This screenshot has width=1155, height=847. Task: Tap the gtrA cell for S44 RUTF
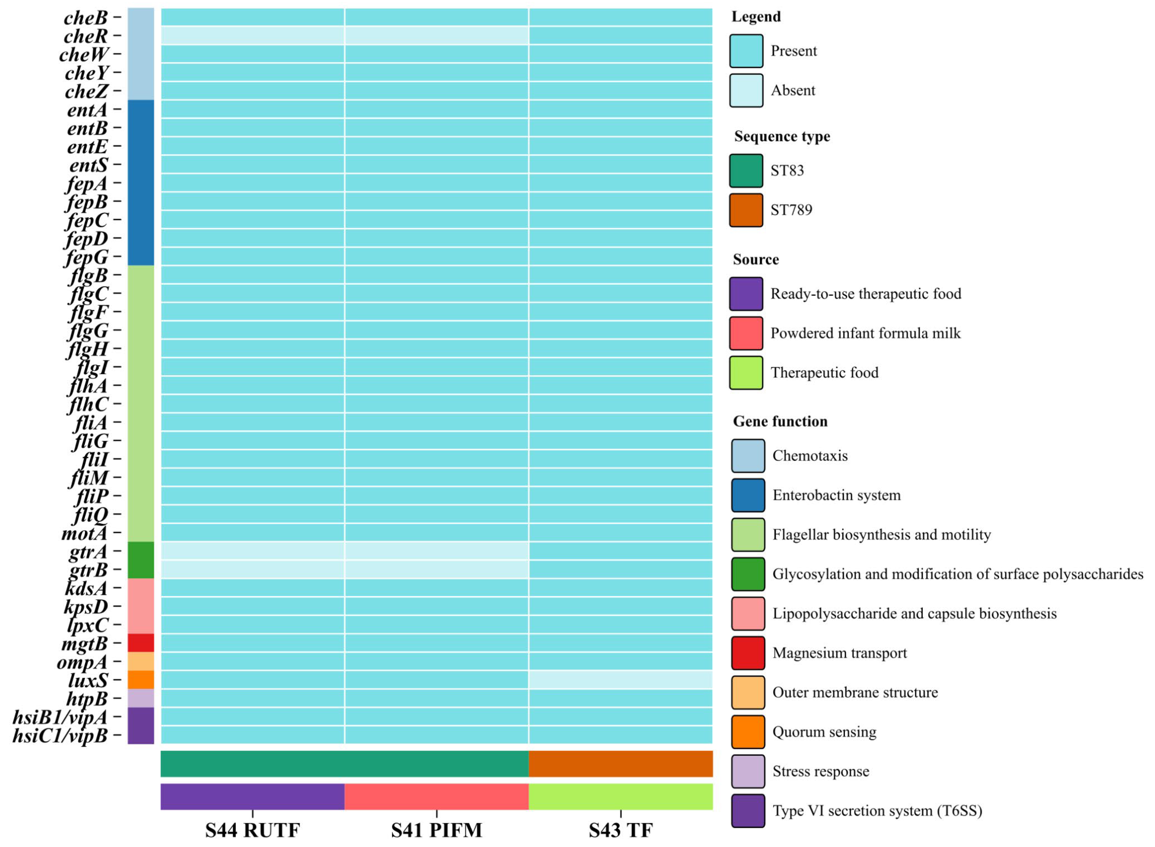pyautogui.click(x=252, y=551)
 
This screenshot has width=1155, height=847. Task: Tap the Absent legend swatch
pyautogui.click(x=746, y=90)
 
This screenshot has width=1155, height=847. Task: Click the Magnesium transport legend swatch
pyautogui.click(x=748, y=653)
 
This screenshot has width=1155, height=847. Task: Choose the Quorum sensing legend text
pyautogui.click(x=824, y=732)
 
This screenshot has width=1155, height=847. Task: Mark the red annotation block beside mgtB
pyautogui.click(x=141, y=643)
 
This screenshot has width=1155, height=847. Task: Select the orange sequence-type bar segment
pyautogui.click(x=620, y=764)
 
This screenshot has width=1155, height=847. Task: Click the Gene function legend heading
pyautogui.click(x=780, y=421)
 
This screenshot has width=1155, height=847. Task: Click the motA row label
pyautogui.click(x=85, y=533)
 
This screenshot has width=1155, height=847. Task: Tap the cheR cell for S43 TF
pyautogui.click(x=620, y=35)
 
